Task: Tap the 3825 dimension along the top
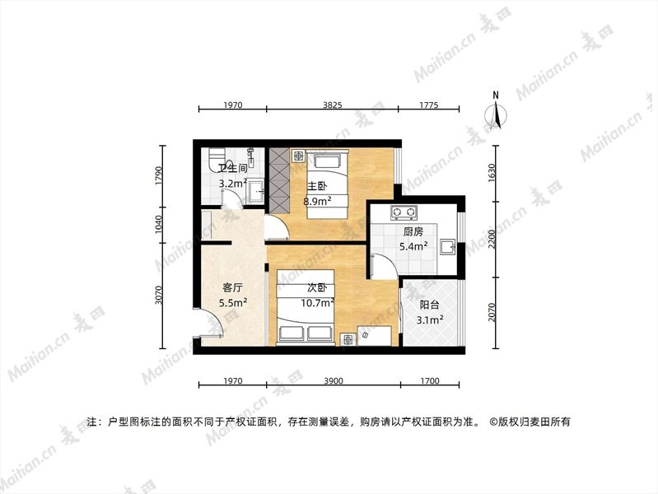pos(332,105)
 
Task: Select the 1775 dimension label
pos(429,105)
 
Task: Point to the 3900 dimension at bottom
pos(334,380)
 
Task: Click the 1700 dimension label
pos(430,380)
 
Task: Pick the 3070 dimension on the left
pos(158,295)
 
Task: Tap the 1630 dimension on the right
pos(492,173)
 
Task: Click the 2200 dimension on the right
pos(492,239)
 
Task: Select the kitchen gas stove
pos(404,212)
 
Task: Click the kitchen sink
pos(448,247)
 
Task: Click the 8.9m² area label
pos(317,201)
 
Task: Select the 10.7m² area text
pos(317,302)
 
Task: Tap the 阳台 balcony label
pos(429,305)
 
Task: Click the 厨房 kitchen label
pos(413,231)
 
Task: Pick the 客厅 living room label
pos(232,287)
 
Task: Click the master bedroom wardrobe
pos(278,179)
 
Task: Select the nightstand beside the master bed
pos(298,156)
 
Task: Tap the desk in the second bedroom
pos(375,335)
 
